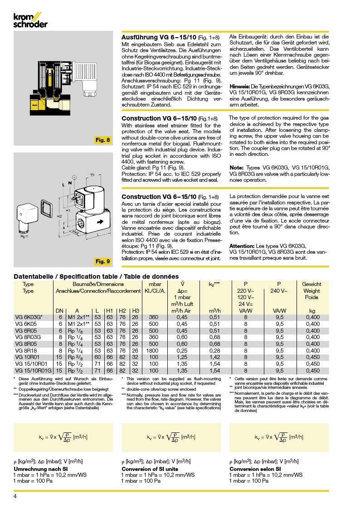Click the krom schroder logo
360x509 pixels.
click(x=30, y=20)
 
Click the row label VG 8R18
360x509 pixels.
click(x=26, y=350)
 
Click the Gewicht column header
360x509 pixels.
click(x=311, y=284)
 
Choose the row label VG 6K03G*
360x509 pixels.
click(x=29, y=317)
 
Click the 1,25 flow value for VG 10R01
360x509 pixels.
click(x=181, y=357)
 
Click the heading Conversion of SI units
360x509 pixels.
click(x=150, y=469)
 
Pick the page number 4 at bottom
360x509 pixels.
click(x=15, y=496)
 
